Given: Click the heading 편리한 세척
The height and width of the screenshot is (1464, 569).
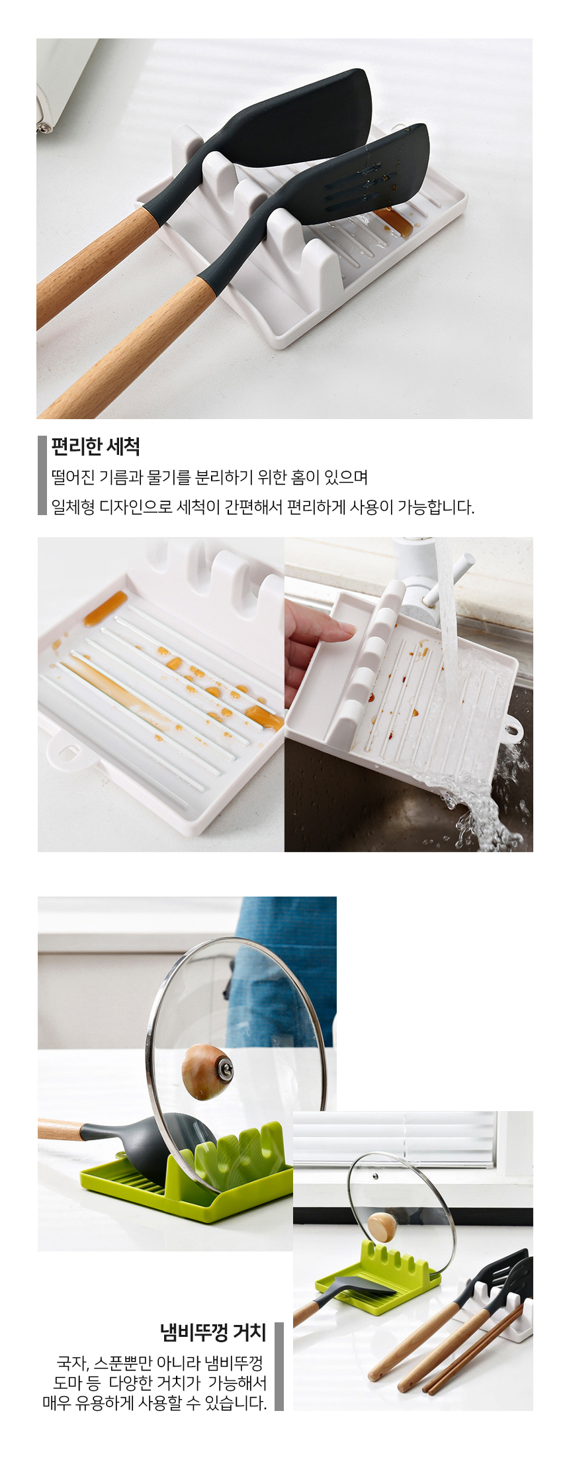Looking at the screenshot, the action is click(95, 447).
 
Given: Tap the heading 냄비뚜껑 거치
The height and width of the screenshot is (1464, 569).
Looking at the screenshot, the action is click(213, 1332).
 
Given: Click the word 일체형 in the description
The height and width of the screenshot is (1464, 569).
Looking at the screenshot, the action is click(73, 507).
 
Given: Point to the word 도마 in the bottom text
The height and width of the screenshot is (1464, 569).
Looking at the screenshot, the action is click(69, 1383).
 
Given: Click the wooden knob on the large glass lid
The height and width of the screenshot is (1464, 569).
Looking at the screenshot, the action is click(207, 1071).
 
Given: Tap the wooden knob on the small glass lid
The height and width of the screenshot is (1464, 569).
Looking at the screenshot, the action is click(382, 1227).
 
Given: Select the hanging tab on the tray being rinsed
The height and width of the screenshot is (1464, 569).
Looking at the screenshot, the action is click(513, 730).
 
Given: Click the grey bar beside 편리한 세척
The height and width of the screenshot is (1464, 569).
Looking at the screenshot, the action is click(42, 475).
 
